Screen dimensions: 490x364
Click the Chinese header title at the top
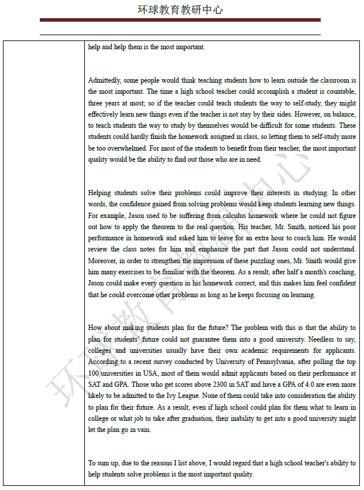(x=180, y=10)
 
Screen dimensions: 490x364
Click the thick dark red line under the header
(x=180, y=20)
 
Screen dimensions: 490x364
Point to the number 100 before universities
(x=94, y=373)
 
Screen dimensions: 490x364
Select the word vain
(x=143, y=429)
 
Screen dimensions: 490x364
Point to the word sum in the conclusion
(x=104, y=463)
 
